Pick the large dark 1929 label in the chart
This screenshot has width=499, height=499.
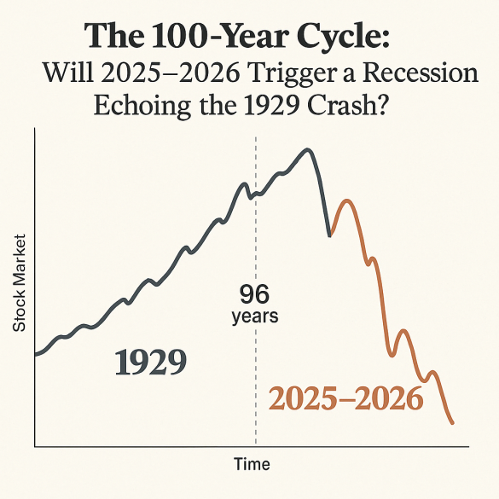pos(150,363)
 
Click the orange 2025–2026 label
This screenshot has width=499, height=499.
pos(346,398)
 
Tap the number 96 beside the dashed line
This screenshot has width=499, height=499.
pos(254,295)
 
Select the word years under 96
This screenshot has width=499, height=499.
pos(254,316)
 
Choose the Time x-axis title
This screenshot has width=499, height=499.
pos(252,465)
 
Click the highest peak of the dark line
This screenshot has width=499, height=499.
pos(307,150)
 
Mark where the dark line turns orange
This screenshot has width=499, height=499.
pos(330,235)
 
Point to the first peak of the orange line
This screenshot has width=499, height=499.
pos(345,201)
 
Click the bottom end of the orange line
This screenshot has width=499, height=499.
pos(452,422)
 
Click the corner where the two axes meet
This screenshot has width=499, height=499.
pos(34,445)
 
